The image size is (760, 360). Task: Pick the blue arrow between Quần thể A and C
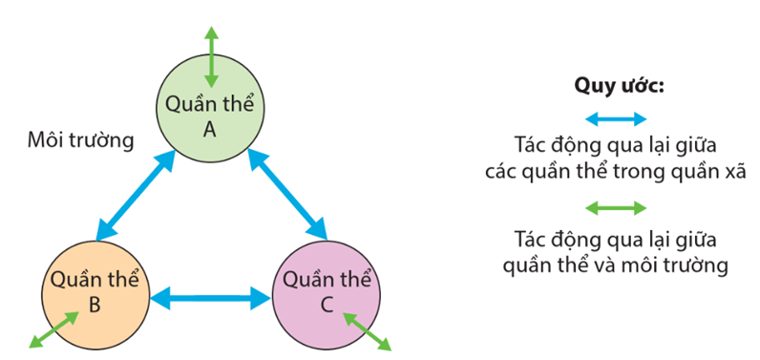pyautogui.click(x=287, y=195)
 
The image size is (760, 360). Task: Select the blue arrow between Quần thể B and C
pyautogui.click(x=210, y=298)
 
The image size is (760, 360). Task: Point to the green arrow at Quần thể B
pyautogui.click(x=53, y=329)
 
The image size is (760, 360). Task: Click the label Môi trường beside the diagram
pyautogui.click(x=81, y=141)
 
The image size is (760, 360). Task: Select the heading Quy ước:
pyautogui.click(x=618, y=86)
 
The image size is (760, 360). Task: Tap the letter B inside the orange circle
pyautogui.click(x=95, y=305)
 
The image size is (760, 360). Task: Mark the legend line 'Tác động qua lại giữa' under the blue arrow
pyautogui.click(x=617, y=145)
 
